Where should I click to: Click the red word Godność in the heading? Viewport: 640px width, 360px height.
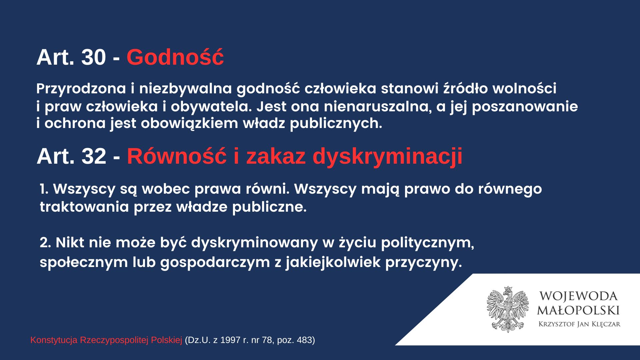point(175,57)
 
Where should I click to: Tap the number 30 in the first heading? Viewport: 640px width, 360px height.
point(94,57)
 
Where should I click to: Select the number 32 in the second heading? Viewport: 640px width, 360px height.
point(94,156)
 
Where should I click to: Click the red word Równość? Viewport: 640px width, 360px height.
point(177,156)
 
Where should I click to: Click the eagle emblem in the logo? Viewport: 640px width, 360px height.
point(508,309)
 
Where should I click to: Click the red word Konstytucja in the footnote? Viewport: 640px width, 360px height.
point(54,340)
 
